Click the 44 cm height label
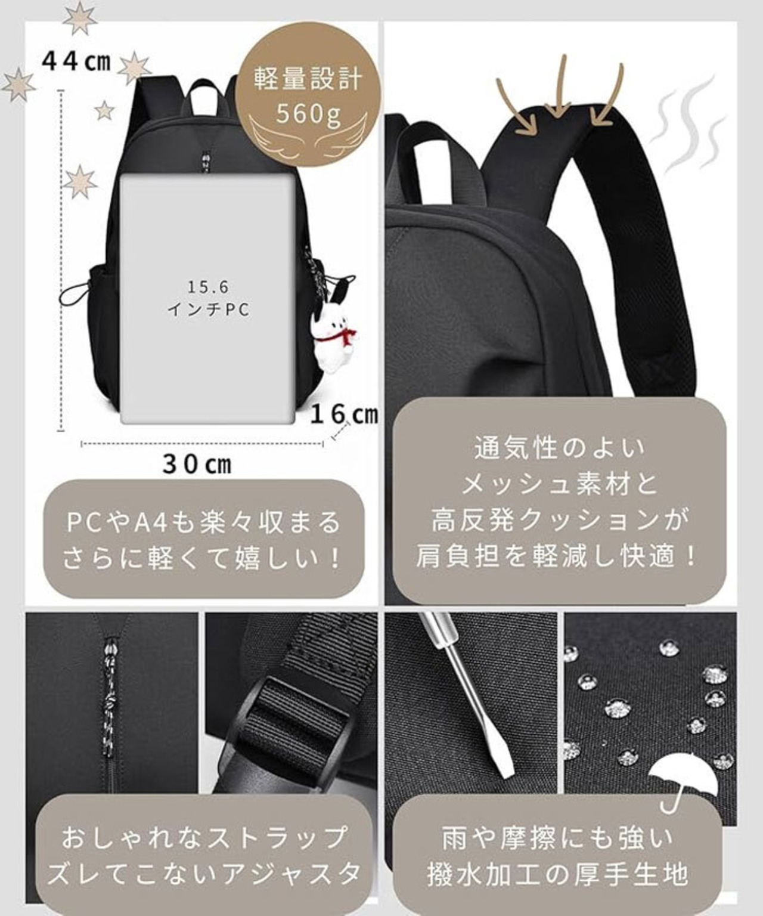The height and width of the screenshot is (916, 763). click(76, 62)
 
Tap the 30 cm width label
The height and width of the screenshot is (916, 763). click(197, 465)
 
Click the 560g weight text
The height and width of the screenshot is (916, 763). click(308, 113)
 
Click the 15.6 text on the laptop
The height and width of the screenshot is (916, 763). click(209, 287)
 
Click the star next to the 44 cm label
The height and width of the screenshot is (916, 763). click(134, 69)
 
